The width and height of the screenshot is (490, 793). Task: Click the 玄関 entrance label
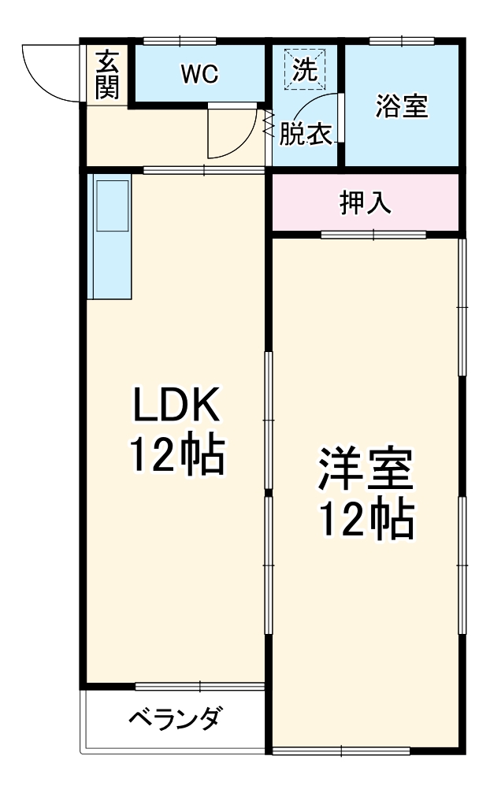tap(107, 75)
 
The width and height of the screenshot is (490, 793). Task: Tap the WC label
tap(199, 74)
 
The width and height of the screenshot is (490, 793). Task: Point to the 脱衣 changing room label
tap(305, 135)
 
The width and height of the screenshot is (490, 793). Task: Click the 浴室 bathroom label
tap(402, 107)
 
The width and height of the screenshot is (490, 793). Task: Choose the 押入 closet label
tap(366, 203)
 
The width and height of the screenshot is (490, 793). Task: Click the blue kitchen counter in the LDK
tap(110, 236)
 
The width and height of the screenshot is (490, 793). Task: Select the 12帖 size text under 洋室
tap(366, 519)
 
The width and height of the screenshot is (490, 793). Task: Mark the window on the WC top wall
tap(180, 40)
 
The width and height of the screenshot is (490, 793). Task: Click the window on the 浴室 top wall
tap(402, 40)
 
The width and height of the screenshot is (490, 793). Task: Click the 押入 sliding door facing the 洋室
tap(373, 234)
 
